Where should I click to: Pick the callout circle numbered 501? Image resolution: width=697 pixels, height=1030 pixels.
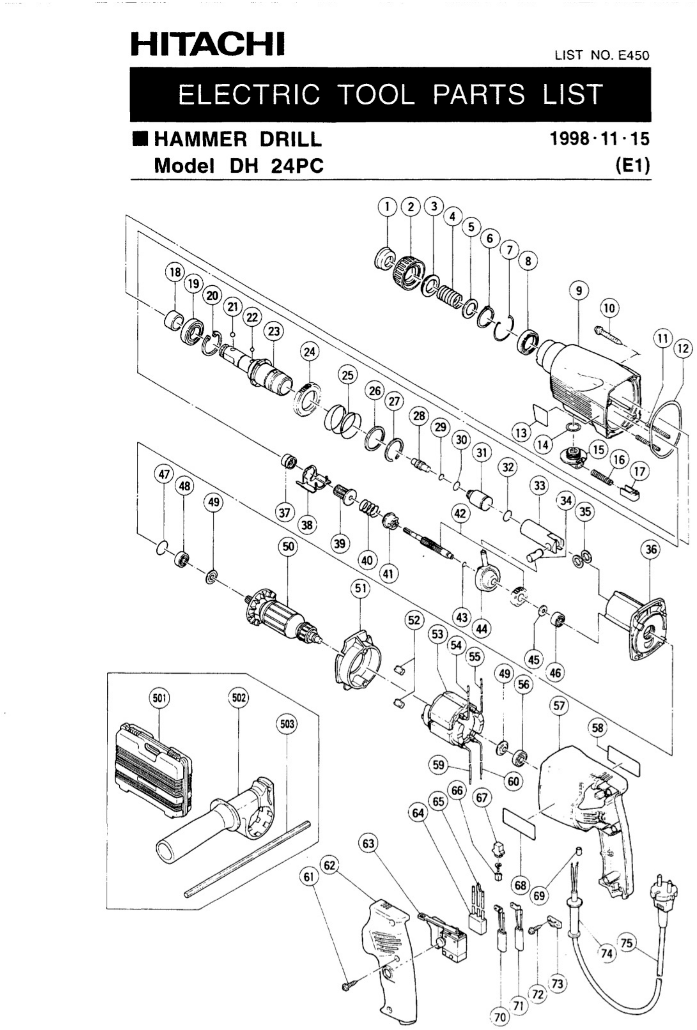(159, 699)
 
